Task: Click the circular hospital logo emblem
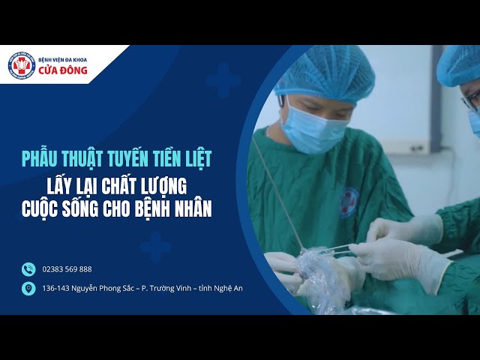point(22,65)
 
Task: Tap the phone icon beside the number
point(28,269)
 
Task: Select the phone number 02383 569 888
point(67,269)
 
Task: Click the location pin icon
point(28,288)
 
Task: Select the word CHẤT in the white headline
point(132,185)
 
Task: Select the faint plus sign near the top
point(223,79)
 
